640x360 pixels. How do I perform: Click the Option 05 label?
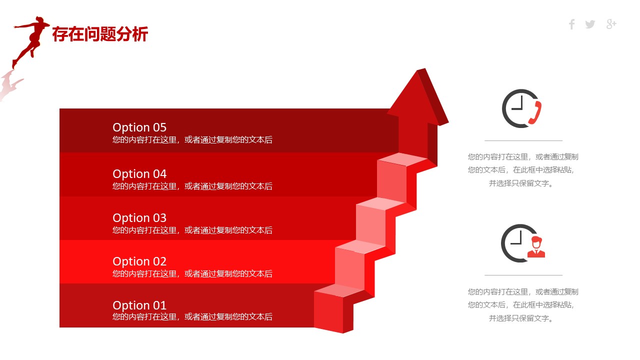click(x=139, y=127)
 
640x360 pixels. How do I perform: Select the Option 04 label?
click(x=139, y=174)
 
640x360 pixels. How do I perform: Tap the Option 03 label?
click(x=139, y=218)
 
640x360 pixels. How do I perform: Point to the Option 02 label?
click(x=139, y=261)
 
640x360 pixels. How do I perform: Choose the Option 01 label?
click(x=139, y=305)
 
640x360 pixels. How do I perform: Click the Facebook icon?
click(x=571, y=24)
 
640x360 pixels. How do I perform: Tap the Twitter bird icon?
click(x=590, y=24)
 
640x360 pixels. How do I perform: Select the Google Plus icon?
click(x=611, y=24)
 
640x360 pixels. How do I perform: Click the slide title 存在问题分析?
click(x=100, y=34)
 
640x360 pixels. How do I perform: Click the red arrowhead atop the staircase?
click(x=417, y=96)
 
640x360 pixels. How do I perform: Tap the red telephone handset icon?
click(x=535, y=113)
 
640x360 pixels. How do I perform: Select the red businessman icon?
click(x=536, y=247)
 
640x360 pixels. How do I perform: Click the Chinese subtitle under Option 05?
click(x=192, y=139)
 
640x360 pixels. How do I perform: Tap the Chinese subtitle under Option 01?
click(x=192, y=317)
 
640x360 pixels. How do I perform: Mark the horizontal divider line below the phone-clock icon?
click(x=523, y=140)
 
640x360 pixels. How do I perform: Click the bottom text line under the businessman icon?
click(x=521, y=318)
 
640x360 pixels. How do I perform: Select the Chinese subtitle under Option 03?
click(x=192, y=230)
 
